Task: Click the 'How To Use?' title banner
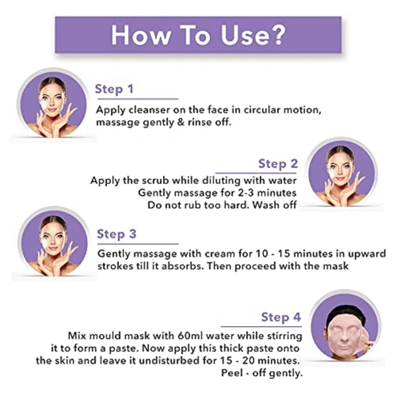pos(197,35)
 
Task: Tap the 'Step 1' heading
pos(114,89)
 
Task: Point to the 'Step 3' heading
pos(116,234)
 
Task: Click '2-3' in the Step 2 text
pos(232,193)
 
